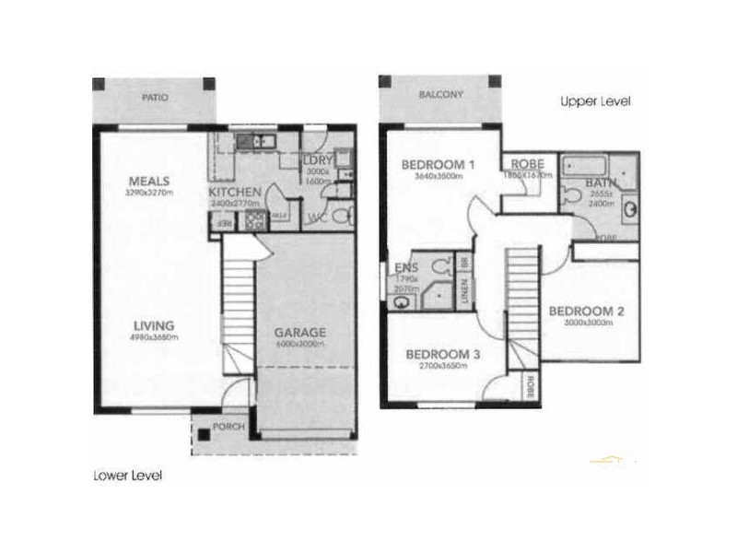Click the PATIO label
pyautogui.click(x=155, y=97)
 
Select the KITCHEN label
pyautogui.click(x=237, y=191)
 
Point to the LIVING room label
pyautogui.click(x=151, y=324)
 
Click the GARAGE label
pyautogui.click(x=300, y=333)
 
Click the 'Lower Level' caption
pyautogui.click(x=128, y=477)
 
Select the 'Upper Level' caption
pyautogui.click(x=594, y=101)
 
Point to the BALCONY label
pyautogui.click(x=440, y=95)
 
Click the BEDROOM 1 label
pyautogui.click(x=438, y=166)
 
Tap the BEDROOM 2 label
pyautogui.click(x=587, y=312)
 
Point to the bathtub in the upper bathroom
pyautogui.click(x=585, y=166)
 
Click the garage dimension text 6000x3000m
pyautogui.click(x=300, y=344)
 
